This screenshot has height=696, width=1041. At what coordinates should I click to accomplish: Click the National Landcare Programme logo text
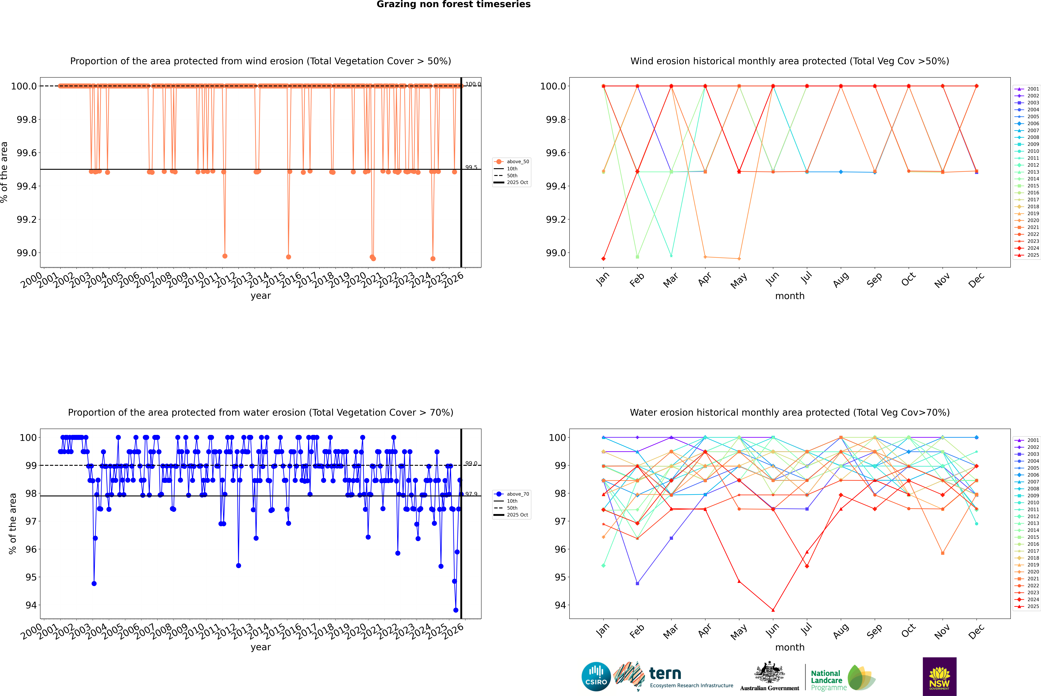click(826, 680)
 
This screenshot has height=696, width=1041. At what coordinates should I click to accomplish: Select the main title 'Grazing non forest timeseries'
click(453, 4)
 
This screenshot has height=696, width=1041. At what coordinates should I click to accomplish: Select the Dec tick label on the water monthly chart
click(976, 631)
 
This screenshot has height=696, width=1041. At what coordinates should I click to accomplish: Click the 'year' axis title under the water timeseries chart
click(260, 647)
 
